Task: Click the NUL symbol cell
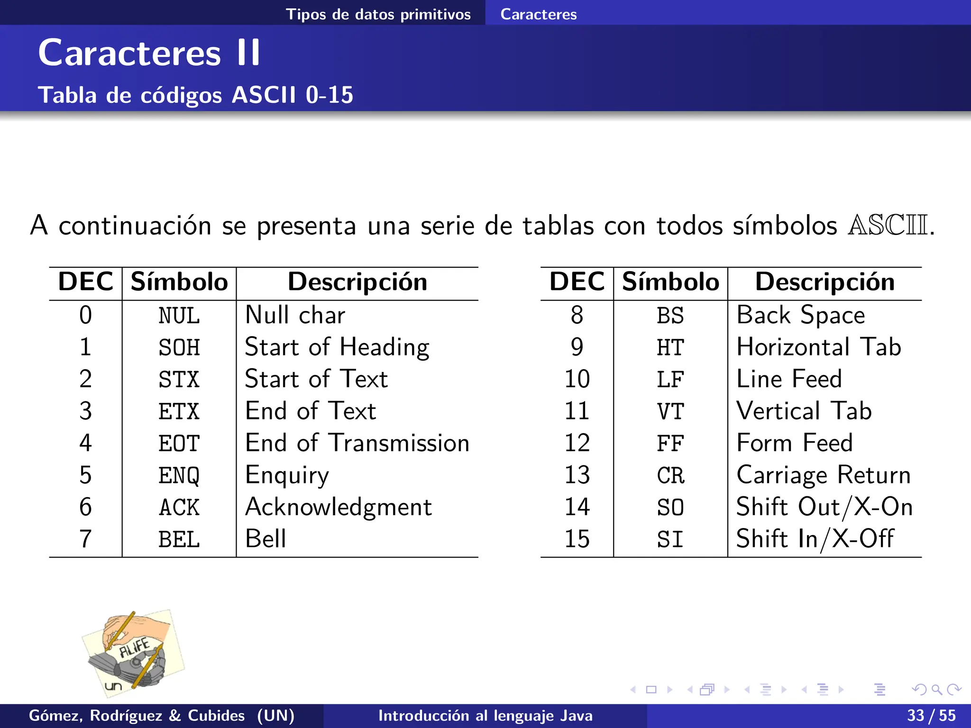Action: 179,316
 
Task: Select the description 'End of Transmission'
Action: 357,443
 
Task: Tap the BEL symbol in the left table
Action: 179,539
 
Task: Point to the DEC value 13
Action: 577,475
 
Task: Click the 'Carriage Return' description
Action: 824,475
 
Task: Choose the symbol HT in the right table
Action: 670,347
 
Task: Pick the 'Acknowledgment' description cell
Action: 338,507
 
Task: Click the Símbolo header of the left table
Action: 179,282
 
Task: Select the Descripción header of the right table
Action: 824,282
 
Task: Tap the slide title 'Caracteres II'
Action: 149,53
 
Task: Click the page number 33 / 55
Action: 931,716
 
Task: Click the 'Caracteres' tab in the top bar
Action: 539,14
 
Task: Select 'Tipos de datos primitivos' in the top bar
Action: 378,14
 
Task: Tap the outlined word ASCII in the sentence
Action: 888,225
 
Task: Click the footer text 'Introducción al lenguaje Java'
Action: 485,716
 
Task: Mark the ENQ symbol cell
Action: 179,475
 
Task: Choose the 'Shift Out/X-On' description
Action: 824,507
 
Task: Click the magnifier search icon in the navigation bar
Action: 936,690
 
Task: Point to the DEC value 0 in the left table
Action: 85,315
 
